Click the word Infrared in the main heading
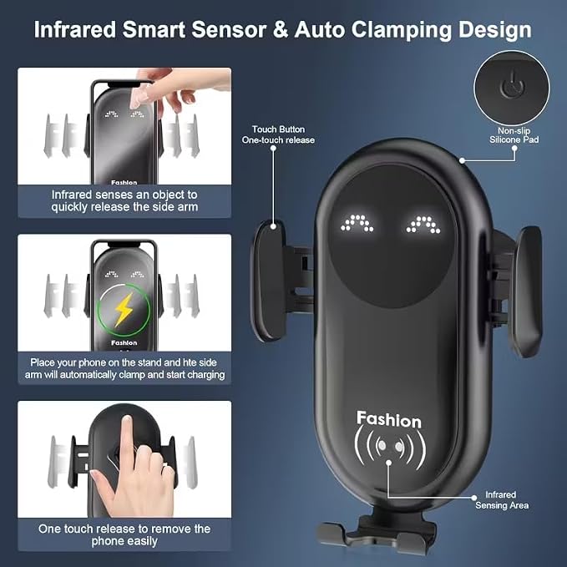pos(75,30)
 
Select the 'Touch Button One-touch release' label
pos(278,134)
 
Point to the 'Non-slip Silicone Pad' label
pos(514,135)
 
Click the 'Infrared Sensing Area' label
pos(502,500)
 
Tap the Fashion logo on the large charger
pos(389,419)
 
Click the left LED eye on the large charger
pos(357,223)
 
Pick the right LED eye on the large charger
pos(423,224)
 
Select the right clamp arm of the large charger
pos(527,291)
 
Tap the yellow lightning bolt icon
pos(124,310)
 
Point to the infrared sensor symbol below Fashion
pos(389,447)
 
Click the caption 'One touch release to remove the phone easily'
pos(124,534)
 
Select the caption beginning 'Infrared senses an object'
pos(124,200)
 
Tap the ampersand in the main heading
pos(281,30)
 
